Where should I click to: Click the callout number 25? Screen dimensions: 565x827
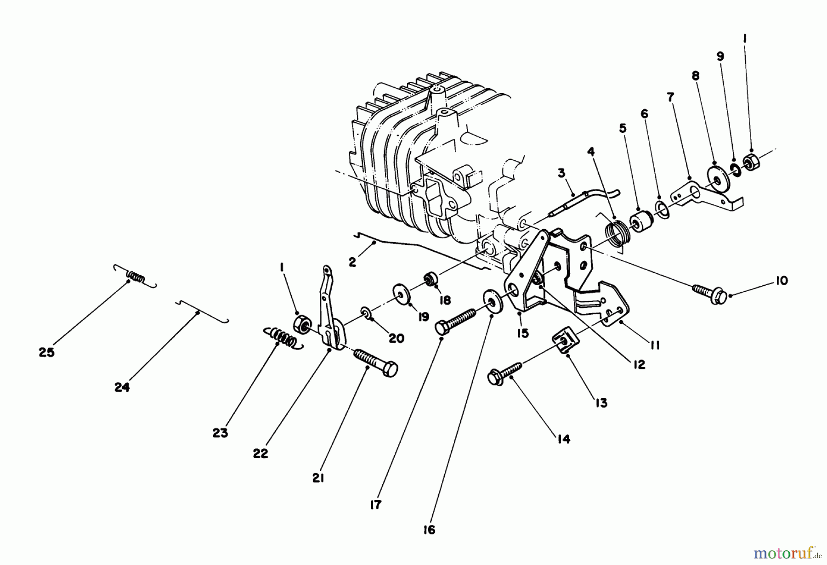[46, 352]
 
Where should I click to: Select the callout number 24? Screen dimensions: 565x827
[122, 387]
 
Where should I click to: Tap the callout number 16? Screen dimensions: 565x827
[429, 530]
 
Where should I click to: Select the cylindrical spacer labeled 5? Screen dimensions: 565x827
[640, 222]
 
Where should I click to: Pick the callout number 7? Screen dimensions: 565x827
[670, 97]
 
